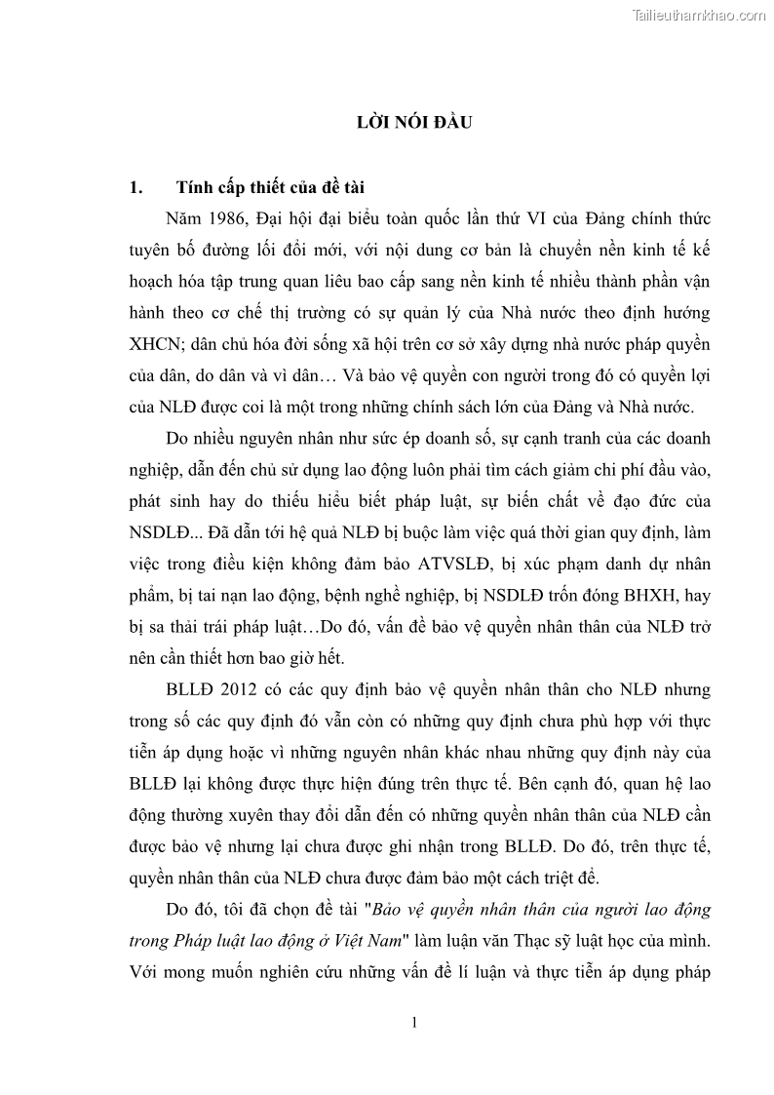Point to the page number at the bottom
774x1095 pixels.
(x=414, y=1022)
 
